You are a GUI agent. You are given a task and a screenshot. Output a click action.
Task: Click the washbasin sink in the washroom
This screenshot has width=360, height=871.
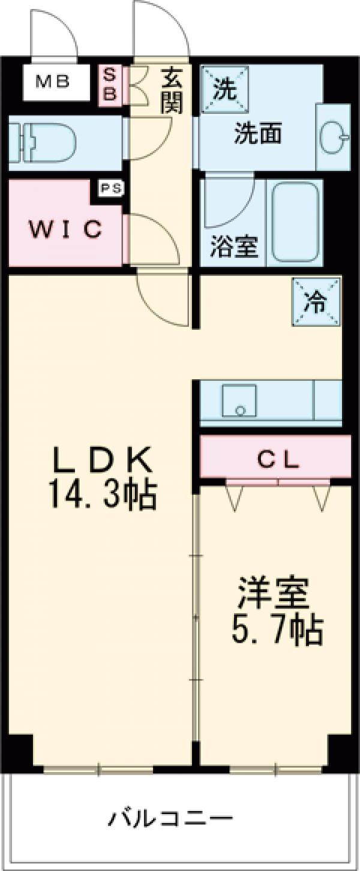tap(333, 139)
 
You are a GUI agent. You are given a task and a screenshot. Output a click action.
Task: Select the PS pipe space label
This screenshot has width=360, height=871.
tap(111, 188)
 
